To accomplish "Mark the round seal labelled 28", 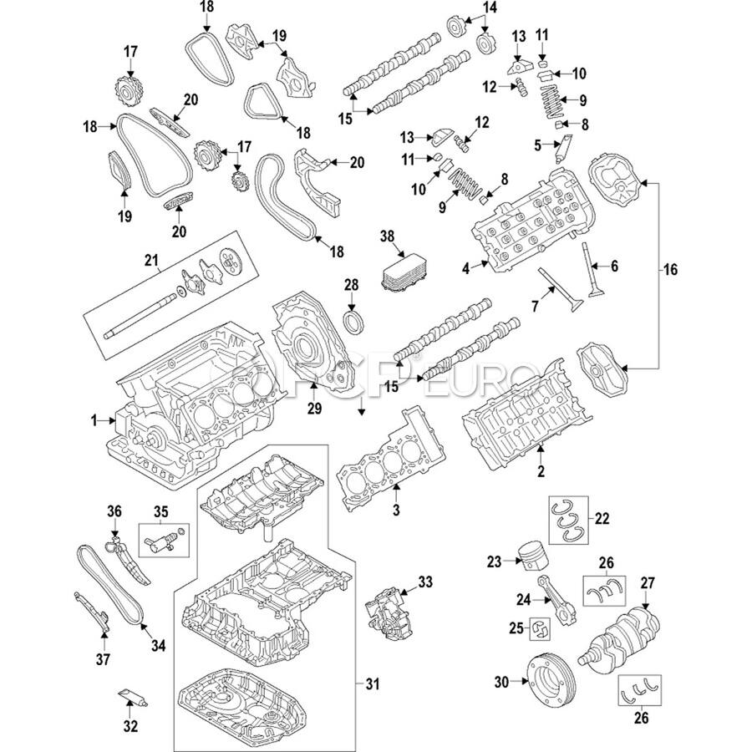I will click(x=353, y=323).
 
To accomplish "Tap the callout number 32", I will click(x=130, y=725).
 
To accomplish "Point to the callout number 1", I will click(x=97, y=419).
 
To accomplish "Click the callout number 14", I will click(x=490, y=8).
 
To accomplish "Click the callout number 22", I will click(x=602, y=518).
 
